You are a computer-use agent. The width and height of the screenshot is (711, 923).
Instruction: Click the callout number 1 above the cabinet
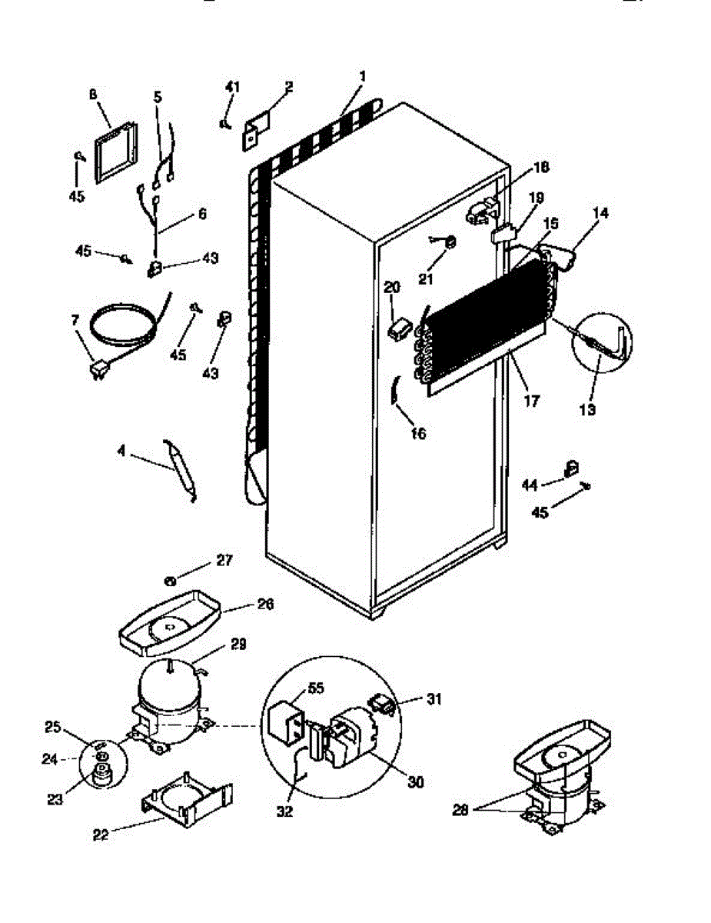tap(362, 76)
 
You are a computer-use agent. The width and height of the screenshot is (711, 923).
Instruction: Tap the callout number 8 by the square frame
tap(93, 95)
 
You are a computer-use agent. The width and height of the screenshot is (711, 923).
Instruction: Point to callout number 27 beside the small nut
tap(224, 561)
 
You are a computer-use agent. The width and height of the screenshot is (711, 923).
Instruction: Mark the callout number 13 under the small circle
tap(586, 410)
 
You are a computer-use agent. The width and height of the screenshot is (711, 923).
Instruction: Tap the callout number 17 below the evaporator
tap(531, 400)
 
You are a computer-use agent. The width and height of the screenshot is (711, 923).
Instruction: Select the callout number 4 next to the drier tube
tap(121, 452)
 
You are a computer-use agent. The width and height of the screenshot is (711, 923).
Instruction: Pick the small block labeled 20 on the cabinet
tap(397, 329)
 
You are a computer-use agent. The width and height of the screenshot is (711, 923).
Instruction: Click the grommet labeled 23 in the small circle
tap(100, 775)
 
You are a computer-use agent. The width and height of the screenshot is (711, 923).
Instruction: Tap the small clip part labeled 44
tap(572, 467)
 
